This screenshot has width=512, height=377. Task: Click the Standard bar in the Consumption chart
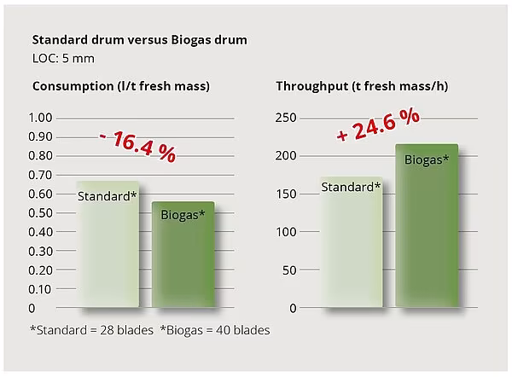pyautogui.click(x=108, y=247)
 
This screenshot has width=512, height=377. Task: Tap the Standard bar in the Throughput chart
pyautogui.click(x=351, y=247)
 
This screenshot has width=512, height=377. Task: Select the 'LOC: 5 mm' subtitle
pyautogui.click(x=62, y=59)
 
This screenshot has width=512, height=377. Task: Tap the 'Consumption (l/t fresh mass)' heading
pyautogui.click(x=120, y=86)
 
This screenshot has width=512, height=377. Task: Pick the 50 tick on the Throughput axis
pyautogui.click(x=290, y=270)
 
